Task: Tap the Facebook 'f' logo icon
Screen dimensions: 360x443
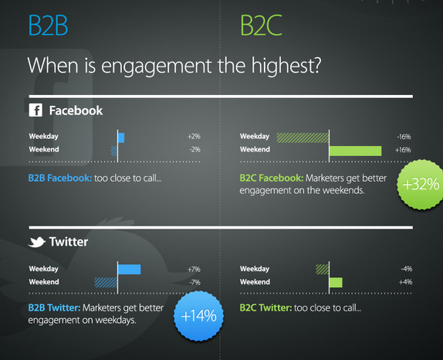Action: (36, 110)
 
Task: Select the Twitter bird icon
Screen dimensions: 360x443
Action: (36, 242)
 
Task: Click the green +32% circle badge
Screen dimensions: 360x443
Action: (421, 185)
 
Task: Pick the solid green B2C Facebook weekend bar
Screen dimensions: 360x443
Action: (356, 150)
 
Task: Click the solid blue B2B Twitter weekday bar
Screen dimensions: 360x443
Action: (130, 269)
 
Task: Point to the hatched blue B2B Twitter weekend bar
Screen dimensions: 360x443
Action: (106, 282)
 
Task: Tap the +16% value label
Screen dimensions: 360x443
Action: (403, 150)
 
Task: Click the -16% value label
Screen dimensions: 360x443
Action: (403, 137)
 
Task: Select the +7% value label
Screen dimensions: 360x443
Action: (193, 269)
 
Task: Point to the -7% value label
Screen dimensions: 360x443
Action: (193, 282)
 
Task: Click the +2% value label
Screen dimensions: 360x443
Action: (193, 137)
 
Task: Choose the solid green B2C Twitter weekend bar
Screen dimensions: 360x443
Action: (336, 282)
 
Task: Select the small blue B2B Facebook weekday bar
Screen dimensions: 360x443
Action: (121, 137)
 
